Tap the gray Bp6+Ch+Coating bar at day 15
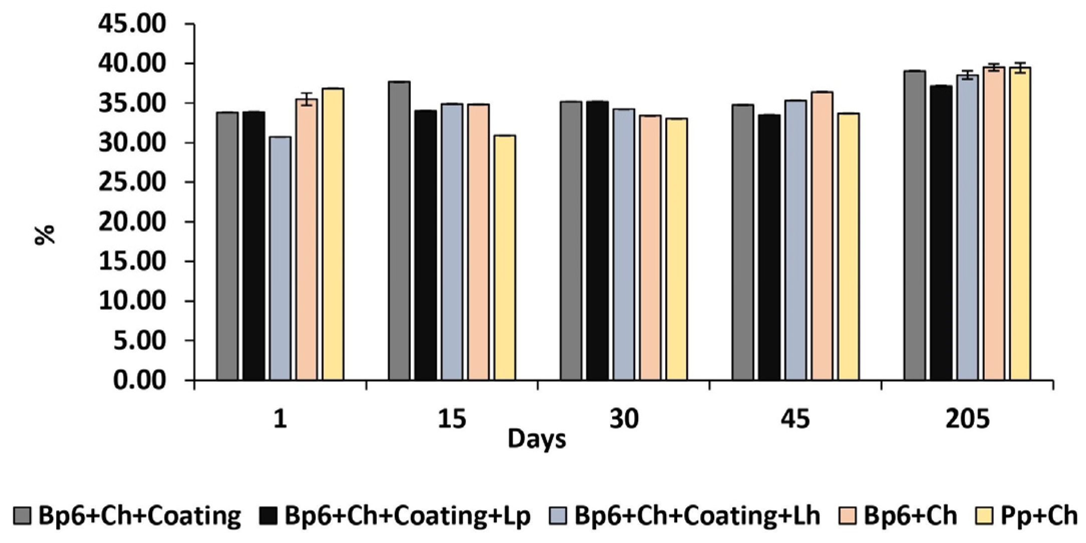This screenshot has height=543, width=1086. [x=399, y=231]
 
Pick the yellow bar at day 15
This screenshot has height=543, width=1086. [x=505, y=258]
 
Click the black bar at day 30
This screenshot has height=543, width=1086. [x=598, y=241]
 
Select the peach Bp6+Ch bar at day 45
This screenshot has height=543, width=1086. [x=822, y=236]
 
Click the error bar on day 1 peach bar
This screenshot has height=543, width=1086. [x=307, y=99]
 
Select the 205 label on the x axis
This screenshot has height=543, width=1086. [x=967, y=418]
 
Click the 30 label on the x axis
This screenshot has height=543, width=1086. [x=624, y=418]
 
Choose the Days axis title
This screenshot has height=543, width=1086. [x=536, y=439]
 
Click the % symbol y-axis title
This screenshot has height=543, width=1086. [x=45, y=234]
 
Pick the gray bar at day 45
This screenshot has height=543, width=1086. [x=743, y=242]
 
